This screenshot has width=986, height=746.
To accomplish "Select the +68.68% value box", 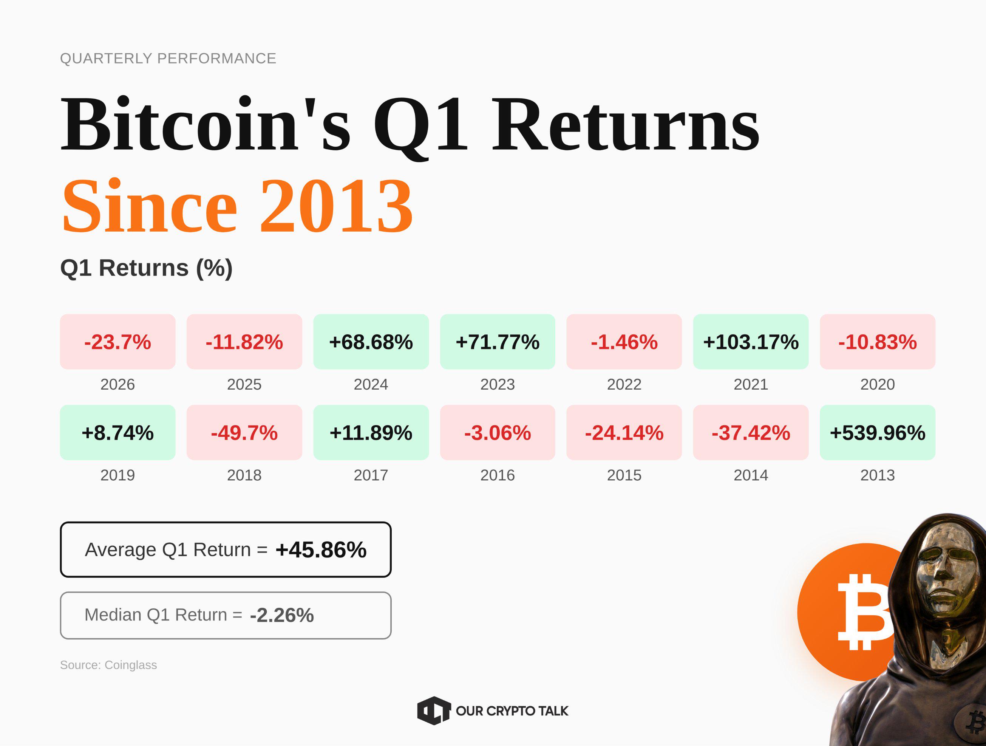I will click(371, 342).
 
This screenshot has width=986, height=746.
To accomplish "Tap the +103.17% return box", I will click(751, 342).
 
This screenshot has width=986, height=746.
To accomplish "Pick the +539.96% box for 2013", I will click(877, 433).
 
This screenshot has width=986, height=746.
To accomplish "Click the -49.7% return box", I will click(244, 433).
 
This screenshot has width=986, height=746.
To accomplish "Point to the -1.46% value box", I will click(624, 342).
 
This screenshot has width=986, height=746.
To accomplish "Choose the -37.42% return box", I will click(751, 433).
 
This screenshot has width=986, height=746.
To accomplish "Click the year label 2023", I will click(498, 384).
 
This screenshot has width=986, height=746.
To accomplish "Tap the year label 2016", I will click(498, 475).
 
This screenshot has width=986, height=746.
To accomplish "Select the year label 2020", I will click(877, 384).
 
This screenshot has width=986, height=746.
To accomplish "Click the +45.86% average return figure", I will click(321, 550).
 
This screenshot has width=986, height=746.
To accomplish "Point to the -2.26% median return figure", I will click(282, 615).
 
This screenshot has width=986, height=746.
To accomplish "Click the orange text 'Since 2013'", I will click(238, 206).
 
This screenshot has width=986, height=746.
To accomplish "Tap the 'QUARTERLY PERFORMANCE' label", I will click(168, 59).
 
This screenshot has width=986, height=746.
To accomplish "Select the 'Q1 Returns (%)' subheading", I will click(146, 268).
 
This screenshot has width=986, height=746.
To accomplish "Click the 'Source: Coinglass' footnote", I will click(108, 665).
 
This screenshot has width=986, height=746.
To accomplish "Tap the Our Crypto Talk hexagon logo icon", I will click(433, 710).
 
